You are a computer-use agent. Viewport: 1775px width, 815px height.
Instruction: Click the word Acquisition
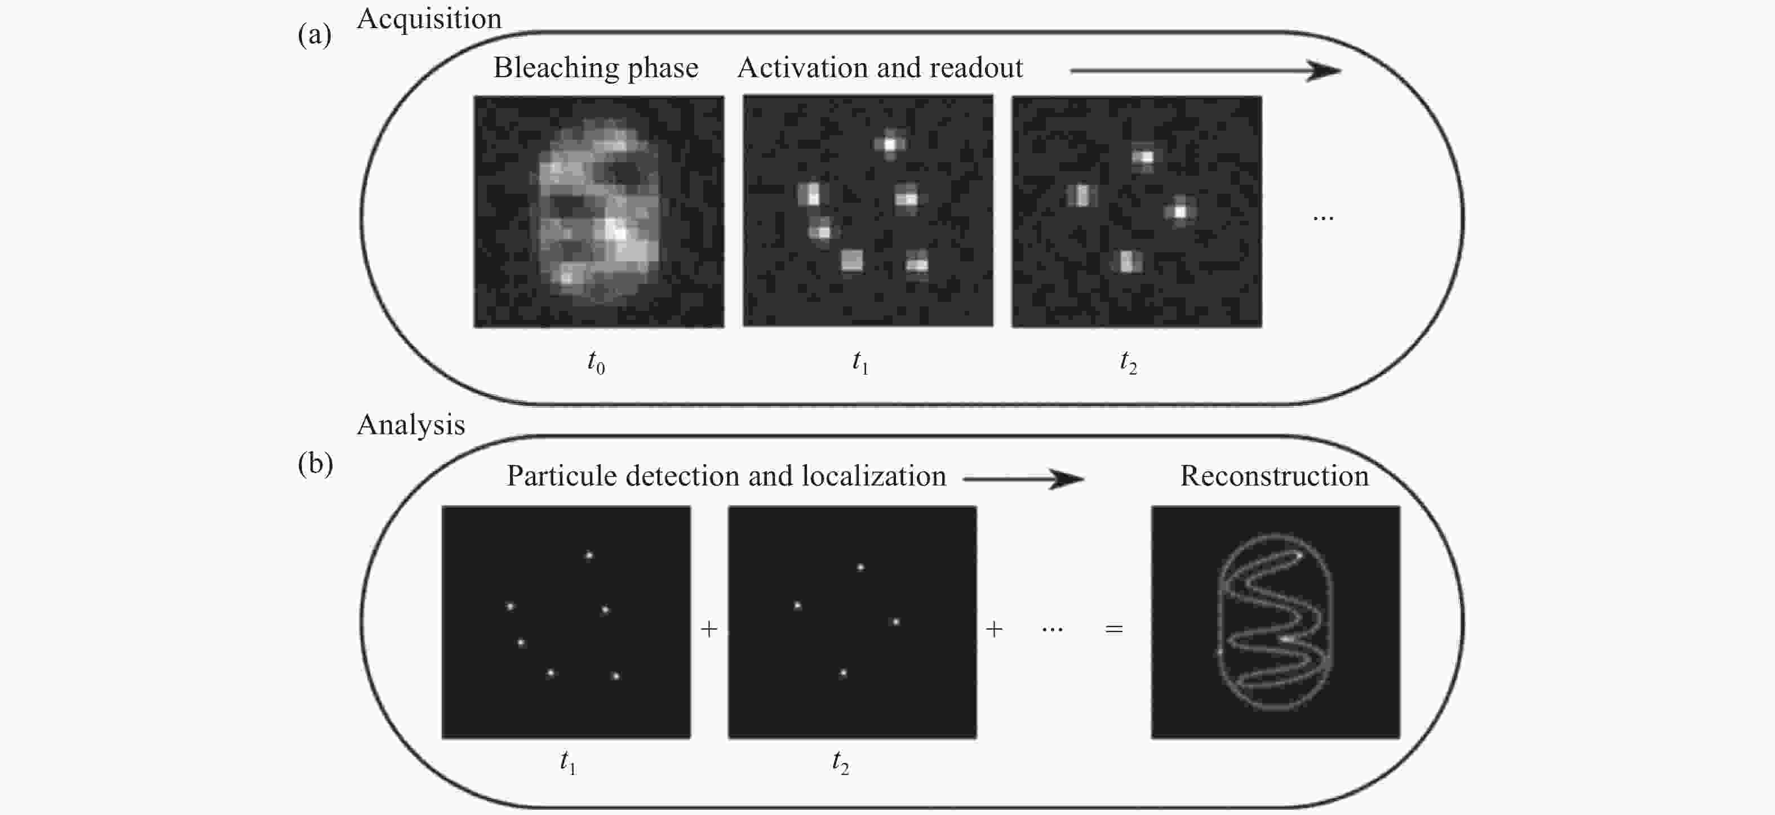tap(429, 19)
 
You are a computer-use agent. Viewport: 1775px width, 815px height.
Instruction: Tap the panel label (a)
tap(315, 34)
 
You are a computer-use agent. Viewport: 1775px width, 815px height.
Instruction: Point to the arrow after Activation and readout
tap(1205, 70)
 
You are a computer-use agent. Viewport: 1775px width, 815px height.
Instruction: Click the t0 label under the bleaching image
tap(596, 362)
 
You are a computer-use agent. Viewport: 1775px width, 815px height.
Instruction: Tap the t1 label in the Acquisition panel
tap(860, 362)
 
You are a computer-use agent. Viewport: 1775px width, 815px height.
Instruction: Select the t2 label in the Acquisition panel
tap(1128, 362)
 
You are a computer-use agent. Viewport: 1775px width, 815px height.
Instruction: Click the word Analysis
tap(411, 425)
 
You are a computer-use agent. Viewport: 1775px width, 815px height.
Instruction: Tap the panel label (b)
tap(316, 464)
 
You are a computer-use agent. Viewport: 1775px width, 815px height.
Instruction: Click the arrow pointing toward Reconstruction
tap(1024, 479)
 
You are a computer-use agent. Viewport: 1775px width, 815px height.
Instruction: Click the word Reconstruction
tap(1274, 476)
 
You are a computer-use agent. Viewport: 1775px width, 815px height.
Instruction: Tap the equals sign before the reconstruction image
tap(1114, 629)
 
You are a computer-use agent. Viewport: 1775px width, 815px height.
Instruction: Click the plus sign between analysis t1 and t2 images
tap(709, 629)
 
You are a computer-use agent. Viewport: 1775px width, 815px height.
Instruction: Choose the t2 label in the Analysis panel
tap(841, 763)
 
